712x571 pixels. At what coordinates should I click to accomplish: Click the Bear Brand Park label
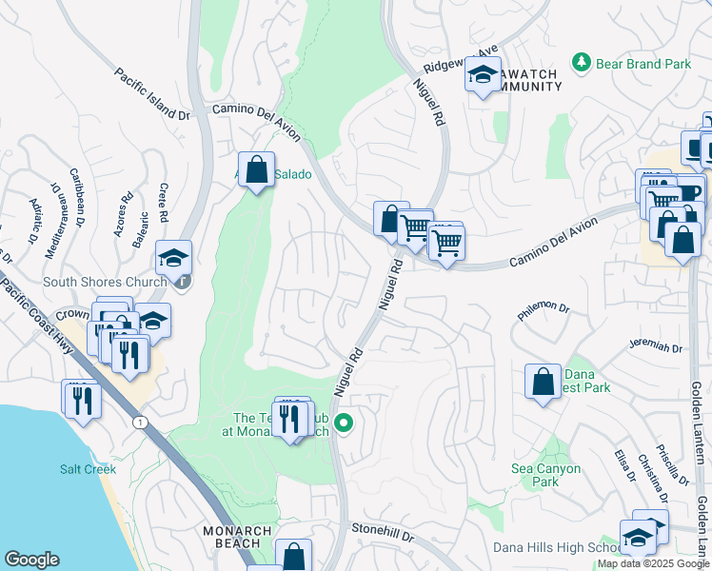coord(643,64)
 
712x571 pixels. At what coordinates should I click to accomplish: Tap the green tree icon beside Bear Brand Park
coord(581,63)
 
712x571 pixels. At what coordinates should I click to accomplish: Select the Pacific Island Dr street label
coord(152,93)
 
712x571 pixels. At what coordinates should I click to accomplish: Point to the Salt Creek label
coord(88,469)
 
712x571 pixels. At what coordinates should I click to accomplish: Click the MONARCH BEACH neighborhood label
coord(237,539)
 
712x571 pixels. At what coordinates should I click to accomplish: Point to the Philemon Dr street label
coord(544,309)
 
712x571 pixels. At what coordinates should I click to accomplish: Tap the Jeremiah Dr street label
coord(656,348)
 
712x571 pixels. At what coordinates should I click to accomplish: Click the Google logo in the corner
coord(31,560)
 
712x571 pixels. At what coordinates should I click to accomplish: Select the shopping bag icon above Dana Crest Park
coord(543,382)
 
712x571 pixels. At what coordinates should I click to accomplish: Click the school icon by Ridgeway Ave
coord(483,75)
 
